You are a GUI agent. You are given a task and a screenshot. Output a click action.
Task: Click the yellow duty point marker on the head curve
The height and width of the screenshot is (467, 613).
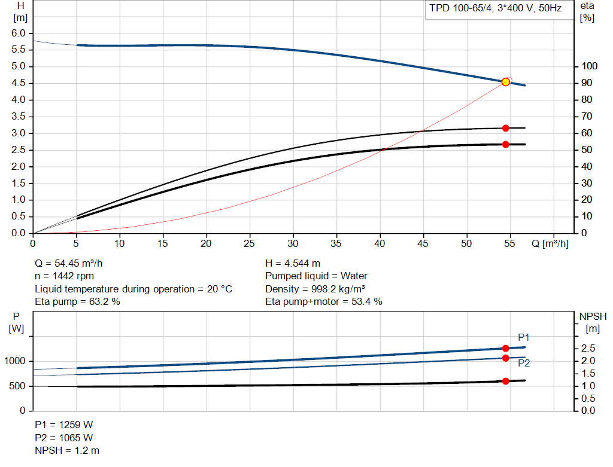[505, 82]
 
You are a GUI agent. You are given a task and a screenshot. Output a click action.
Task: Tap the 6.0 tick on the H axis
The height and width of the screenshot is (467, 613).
[19, 33]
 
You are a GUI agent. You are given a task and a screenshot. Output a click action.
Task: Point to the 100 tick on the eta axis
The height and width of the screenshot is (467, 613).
[590, 66]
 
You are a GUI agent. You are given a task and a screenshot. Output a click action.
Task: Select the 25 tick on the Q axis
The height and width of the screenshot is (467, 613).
[250, 243]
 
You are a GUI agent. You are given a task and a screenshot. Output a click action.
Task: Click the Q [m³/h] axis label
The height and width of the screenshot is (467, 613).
[550, 243]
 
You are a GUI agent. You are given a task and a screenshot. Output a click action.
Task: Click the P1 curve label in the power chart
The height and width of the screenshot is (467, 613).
[523, 337]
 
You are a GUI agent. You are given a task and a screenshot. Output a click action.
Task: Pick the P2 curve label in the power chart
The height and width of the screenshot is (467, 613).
[524, 363]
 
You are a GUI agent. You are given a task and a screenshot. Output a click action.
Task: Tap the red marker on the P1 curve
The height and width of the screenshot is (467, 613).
[505, 348]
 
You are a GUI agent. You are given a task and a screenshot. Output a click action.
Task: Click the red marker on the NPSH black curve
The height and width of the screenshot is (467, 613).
[505, 381]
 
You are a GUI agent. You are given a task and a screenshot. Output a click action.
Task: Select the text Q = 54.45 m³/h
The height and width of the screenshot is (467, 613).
[69, 264]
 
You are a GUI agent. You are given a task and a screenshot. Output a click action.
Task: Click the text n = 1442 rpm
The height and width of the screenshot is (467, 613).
[65, 276]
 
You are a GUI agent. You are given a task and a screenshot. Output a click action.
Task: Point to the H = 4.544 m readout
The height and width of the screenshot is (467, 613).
[293, 264]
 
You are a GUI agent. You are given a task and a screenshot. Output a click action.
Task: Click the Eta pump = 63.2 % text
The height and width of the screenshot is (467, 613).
[77, 302]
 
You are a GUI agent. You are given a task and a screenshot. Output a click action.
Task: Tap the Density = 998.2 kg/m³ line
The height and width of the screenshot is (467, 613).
[315, 289]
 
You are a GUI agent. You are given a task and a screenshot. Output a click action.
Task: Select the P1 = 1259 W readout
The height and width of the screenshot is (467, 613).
[64, 425]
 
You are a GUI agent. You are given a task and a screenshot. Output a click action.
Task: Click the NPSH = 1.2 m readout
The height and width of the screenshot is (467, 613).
[67, 451]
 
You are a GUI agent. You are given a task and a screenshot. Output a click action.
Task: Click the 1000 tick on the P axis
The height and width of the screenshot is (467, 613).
[15, 361]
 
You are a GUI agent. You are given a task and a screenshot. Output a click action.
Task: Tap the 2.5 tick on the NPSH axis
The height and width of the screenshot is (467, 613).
[588, 348]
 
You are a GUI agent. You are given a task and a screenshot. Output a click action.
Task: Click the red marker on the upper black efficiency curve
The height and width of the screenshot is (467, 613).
[505, 128]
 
